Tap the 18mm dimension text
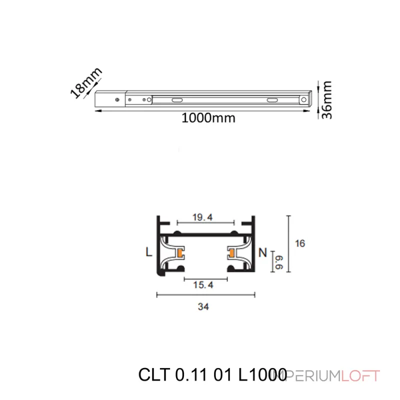tap(85, 82)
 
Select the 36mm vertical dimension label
tap(327, 100)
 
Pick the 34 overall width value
tap(203, 307)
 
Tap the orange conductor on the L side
tap(178, 253)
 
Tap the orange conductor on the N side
tap(232, 253)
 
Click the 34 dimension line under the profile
tap(206, 295)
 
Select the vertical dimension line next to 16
tap(288, 245)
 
